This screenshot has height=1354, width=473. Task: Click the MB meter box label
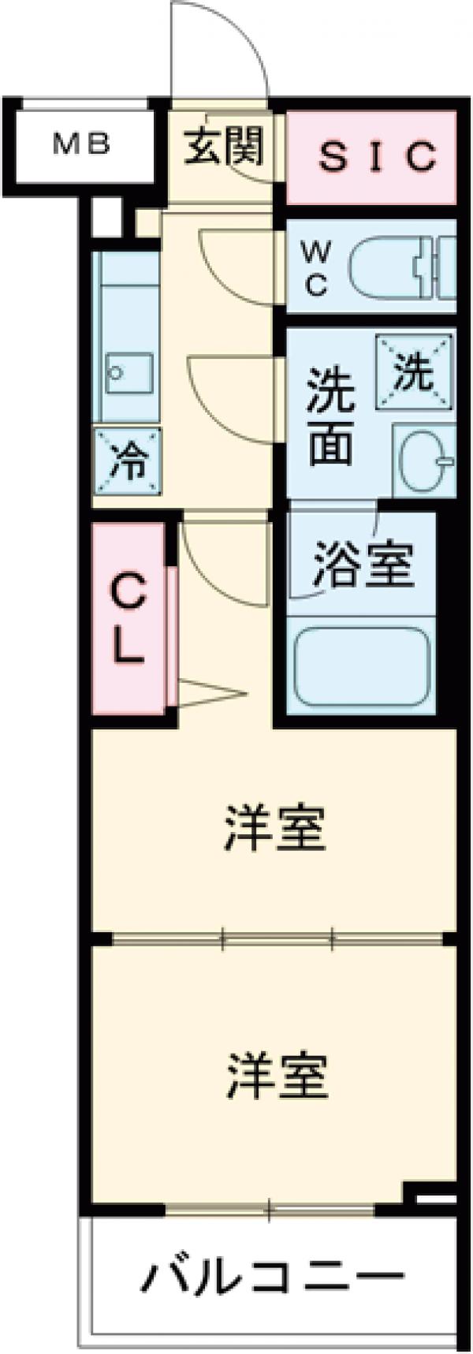click(x=81, y=145)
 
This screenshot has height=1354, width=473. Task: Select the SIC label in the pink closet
click(x=377, y=156)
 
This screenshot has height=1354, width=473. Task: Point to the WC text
click(x=315, y=269)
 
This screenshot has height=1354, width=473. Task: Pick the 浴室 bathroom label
click(x=363, y=563)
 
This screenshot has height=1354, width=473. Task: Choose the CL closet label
click(x=128, y=620)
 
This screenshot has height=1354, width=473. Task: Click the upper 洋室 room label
click(x=274, y=827)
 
